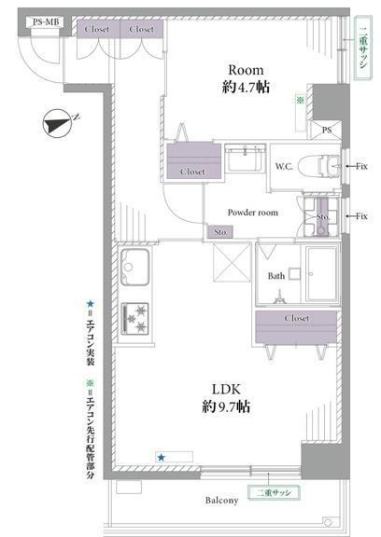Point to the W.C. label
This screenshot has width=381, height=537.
[285, 166]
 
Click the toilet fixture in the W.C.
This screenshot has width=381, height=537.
[319, 164]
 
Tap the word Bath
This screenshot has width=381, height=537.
[275, 276]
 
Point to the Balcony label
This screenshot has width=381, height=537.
[217, 501]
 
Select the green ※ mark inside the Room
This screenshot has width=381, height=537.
[300, 98]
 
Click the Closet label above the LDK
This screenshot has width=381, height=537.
[296, 318]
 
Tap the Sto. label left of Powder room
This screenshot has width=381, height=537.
[219, 231]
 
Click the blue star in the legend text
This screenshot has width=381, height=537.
[90, 303]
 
